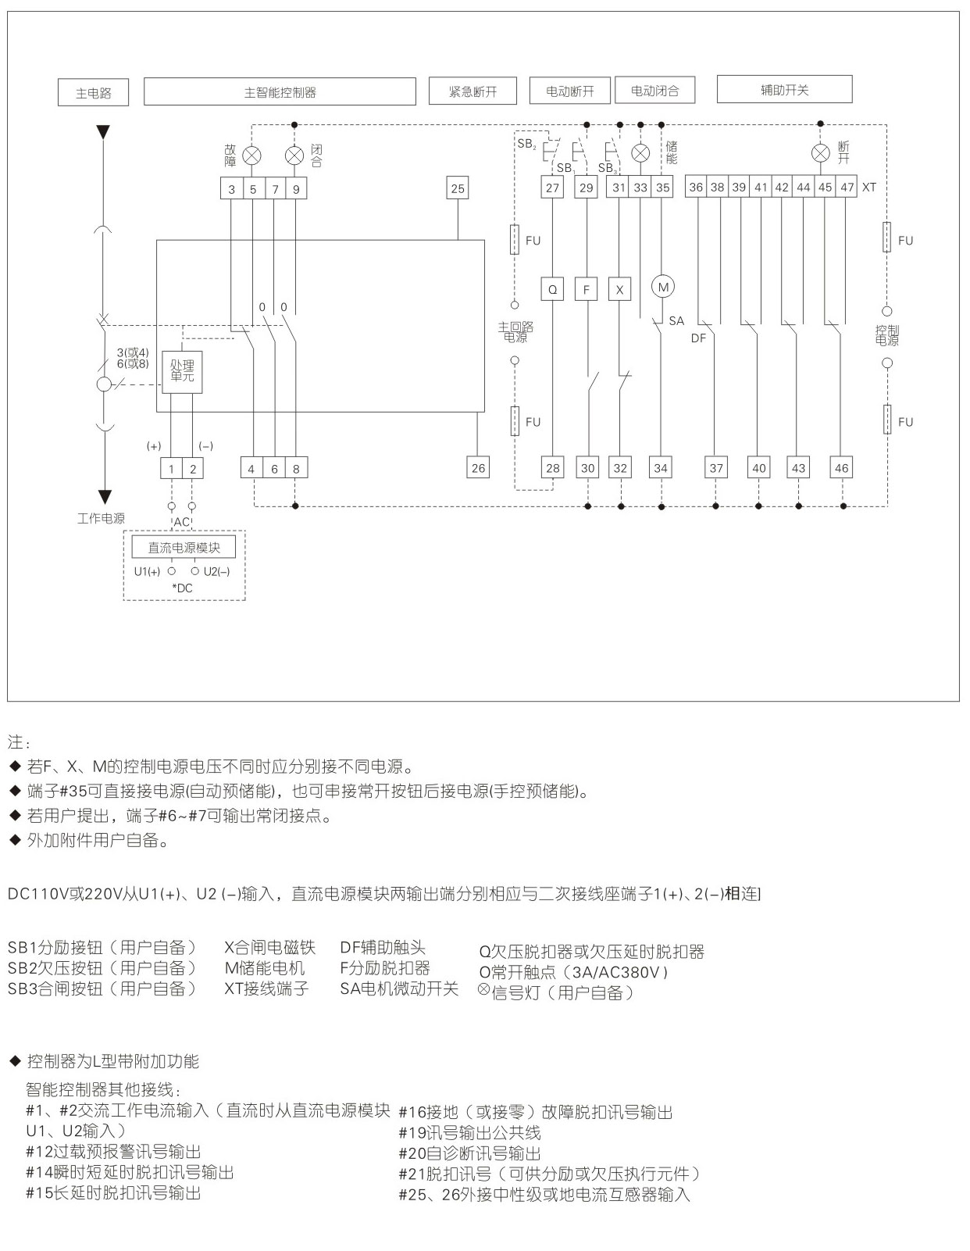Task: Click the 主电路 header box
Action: pos(93,93)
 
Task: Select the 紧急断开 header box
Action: pos(473,91)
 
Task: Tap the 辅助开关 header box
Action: pos(784,90)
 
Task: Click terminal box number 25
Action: pos(458,188)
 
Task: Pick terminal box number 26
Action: pos(478,468)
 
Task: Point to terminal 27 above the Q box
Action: pos(553,188)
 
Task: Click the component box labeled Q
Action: pos(553,289)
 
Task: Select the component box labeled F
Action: pos(587,289)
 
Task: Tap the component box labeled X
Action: pos(619,289)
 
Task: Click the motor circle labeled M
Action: pos(663,287)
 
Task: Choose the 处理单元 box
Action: pos(182,371)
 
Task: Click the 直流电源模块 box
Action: pos(184,548)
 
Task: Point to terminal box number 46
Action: pos(841,468)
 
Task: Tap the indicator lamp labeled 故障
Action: pos(252,155)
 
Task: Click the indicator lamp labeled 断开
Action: pos(820,152)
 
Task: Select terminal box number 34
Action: pos(661,468)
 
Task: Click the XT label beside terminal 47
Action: pos(868,188)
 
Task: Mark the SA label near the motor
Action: pos(676,321)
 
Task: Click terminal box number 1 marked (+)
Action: pos(171,469)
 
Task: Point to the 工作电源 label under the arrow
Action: pos(101,519)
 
